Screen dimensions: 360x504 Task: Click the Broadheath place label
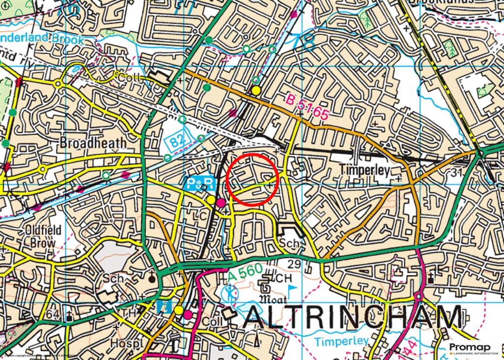pos(93,142)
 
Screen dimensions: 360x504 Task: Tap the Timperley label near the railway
pos(365,170)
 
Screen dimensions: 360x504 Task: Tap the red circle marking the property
pos(253,179)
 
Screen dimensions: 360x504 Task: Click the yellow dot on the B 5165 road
pos(256,91)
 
